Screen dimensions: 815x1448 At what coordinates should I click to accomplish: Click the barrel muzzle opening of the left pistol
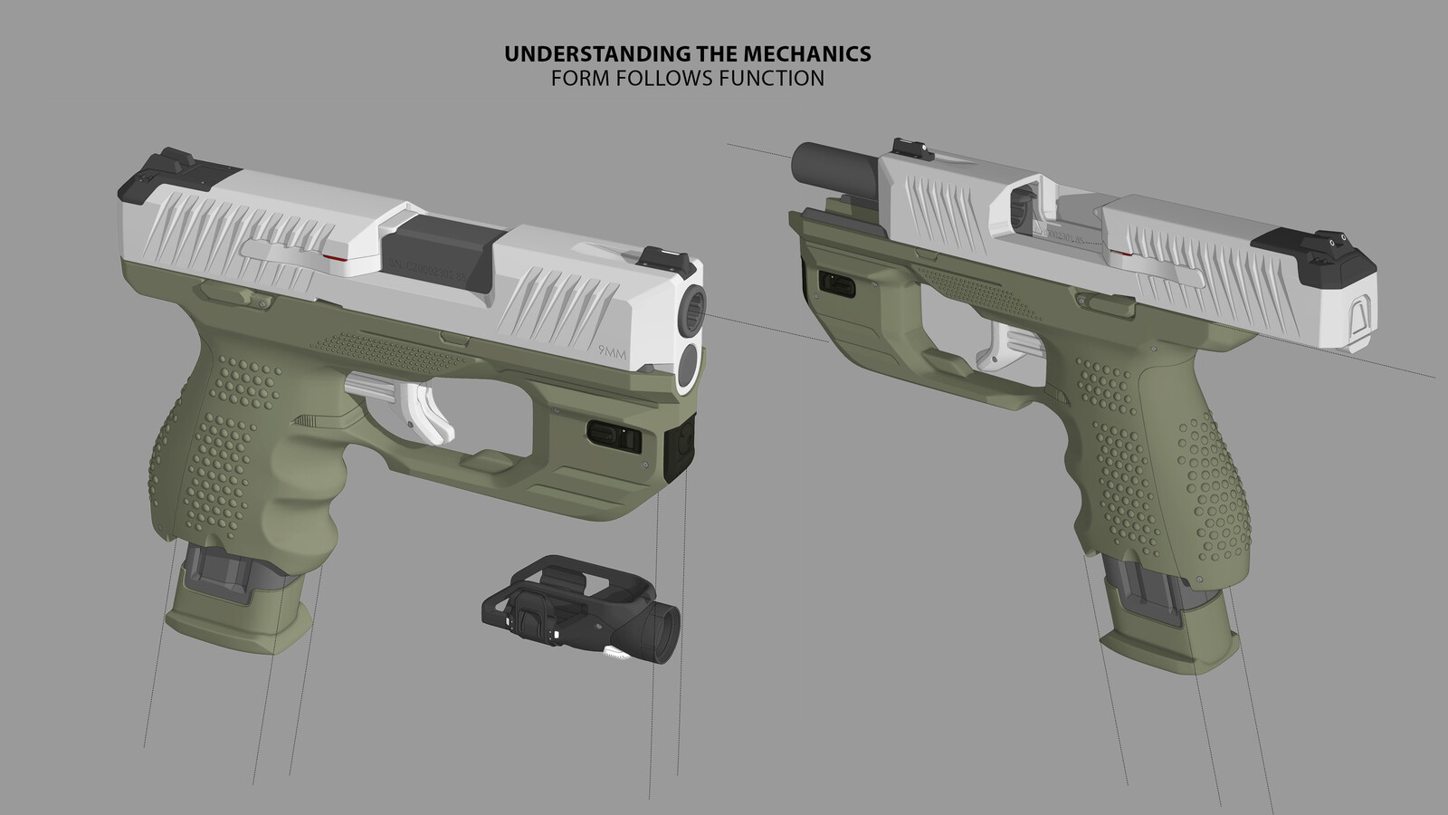[692, 312]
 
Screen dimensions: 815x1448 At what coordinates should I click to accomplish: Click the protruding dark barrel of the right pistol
[825, 164]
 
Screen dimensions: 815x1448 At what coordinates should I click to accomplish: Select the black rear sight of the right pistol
[1320, 248]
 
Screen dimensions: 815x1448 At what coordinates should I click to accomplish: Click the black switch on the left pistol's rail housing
[614, 436]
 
